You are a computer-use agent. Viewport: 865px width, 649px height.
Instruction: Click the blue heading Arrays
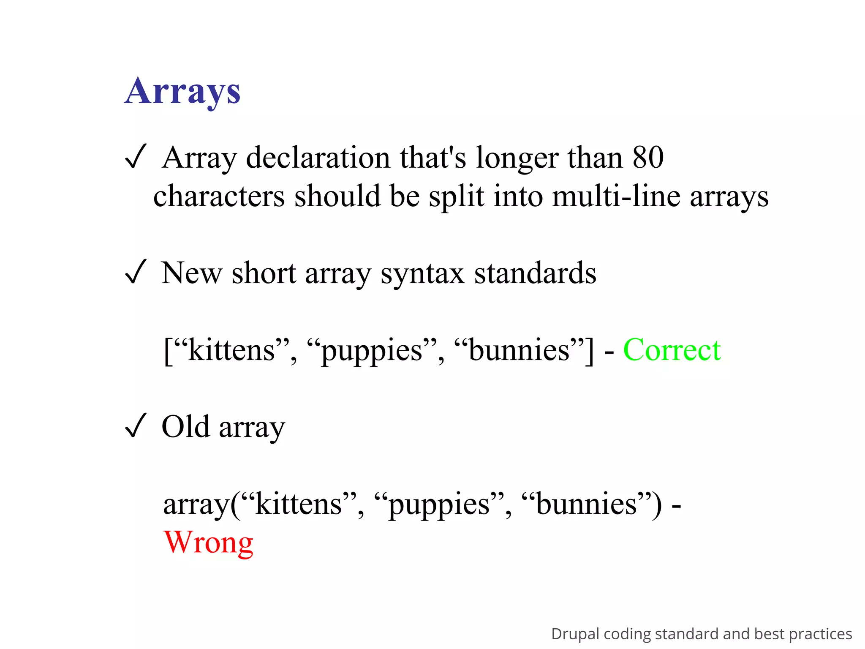pyautogui.click(x=182, y=91)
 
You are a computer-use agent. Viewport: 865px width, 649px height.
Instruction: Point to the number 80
pyautogui.click(x=648, y=157)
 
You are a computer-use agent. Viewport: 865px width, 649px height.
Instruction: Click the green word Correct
pyautogui.click(x=672, y=350)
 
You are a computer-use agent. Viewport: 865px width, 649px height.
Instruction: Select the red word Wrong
pyautogui.click(x=209, y=542)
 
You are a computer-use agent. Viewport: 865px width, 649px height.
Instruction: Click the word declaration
pyautogui.click(x=318, y=157)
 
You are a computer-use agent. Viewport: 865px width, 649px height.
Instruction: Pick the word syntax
pyautogui.click(x=423, y=273)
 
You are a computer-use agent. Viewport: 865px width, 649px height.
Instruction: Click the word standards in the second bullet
pyautogui.click(x=535, y=273)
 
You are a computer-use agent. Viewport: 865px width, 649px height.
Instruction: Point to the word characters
pyautogui.click(x=219, y=196)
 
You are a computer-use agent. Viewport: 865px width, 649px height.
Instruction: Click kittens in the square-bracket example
pyautogui.click(x=231, y=350)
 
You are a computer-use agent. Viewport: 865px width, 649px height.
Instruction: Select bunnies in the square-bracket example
pyautogui.click(x=519, y=350)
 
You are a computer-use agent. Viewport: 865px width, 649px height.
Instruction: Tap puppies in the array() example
pyautogui.click(x=439, y=504)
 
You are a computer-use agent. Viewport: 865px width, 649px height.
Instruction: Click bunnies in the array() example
pyautogui.click(x=586, y=504)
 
